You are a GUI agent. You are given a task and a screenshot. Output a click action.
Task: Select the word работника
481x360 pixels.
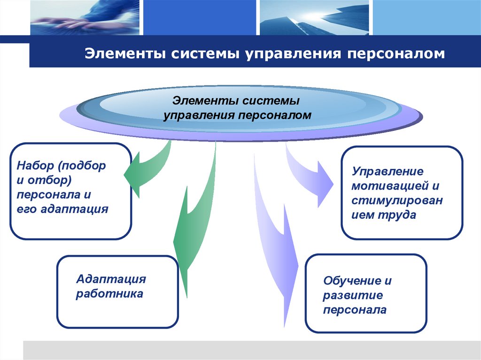(x=109, y=294)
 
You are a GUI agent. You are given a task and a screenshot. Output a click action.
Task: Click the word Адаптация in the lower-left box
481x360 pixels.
(x=111, y=279)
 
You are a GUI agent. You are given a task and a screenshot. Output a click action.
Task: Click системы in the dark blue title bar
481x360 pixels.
(x=206, y=54)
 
